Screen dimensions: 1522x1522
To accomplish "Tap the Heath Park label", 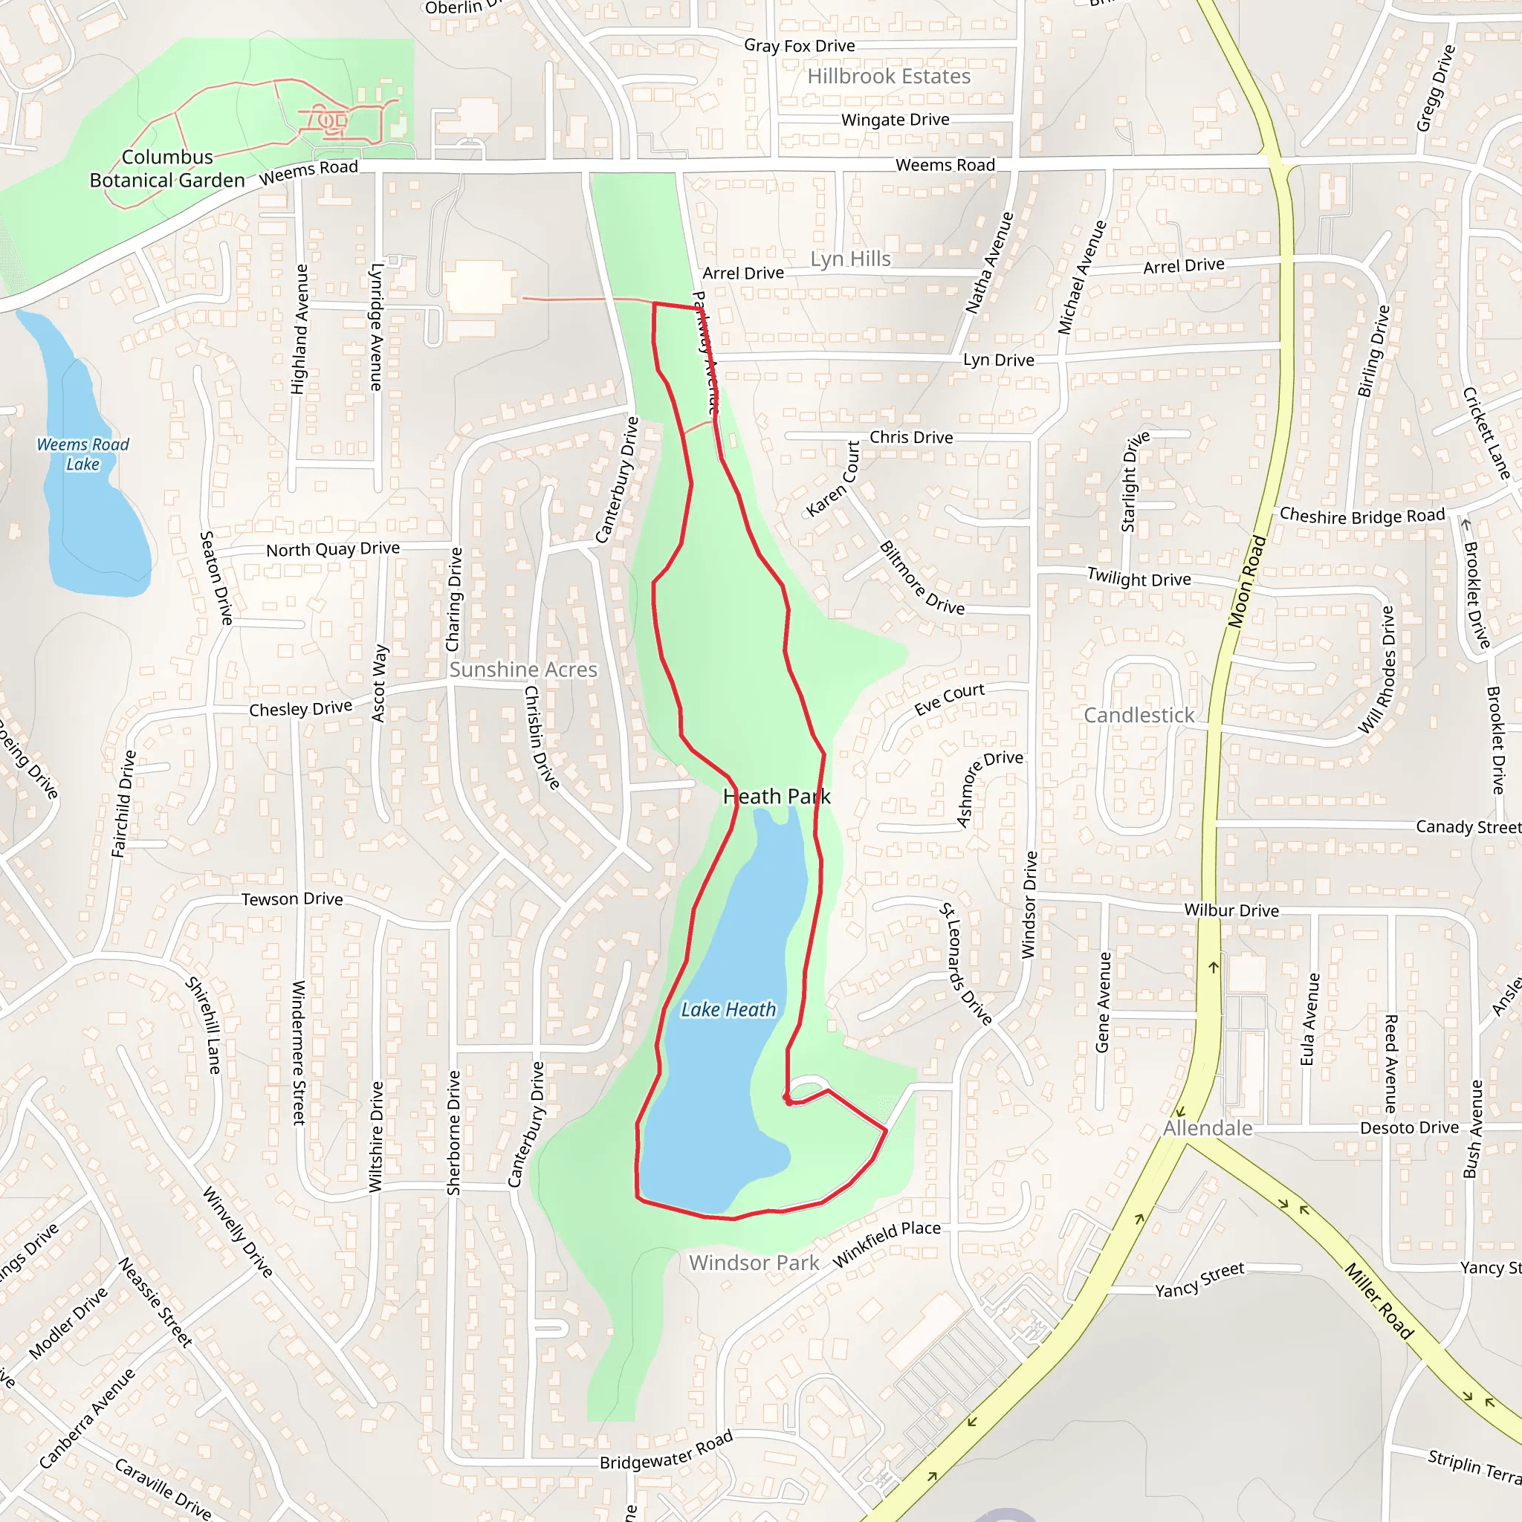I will [x=776, y=797].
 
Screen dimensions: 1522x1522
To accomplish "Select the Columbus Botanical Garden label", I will [x=167, y=169].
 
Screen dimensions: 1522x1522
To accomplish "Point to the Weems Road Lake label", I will [x=82, y=455].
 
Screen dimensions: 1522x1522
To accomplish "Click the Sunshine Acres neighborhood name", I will [x=523, y=670].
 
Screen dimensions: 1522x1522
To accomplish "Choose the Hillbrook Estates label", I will [x=889, y=77].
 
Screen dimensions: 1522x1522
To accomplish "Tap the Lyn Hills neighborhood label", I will [x=851, y=259].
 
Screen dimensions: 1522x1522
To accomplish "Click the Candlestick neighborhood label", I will [x=1139, y=716].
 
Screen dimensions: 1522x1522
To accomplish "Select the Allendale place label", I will [x=1208, y=1128].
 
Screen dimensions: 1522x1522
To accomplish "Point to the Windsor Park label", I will [x=754, y=1263].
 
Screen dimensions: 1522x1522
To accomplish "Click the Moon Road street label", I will [x=1246, y=582].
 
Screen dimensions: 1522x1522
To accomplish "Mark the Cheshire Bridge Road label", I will [x=1362, y=516].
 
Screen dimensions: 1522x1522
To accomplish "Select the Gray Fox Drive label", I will [x=800, y=45].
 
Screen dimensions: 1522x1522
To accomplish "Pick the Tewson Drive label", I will [x=292, y=899].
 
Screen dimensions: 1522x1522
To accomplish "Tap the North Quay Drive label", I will [x=332, y=549].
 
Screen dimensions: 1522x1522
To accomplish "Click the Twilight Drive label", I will [x=1139, y=577].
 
